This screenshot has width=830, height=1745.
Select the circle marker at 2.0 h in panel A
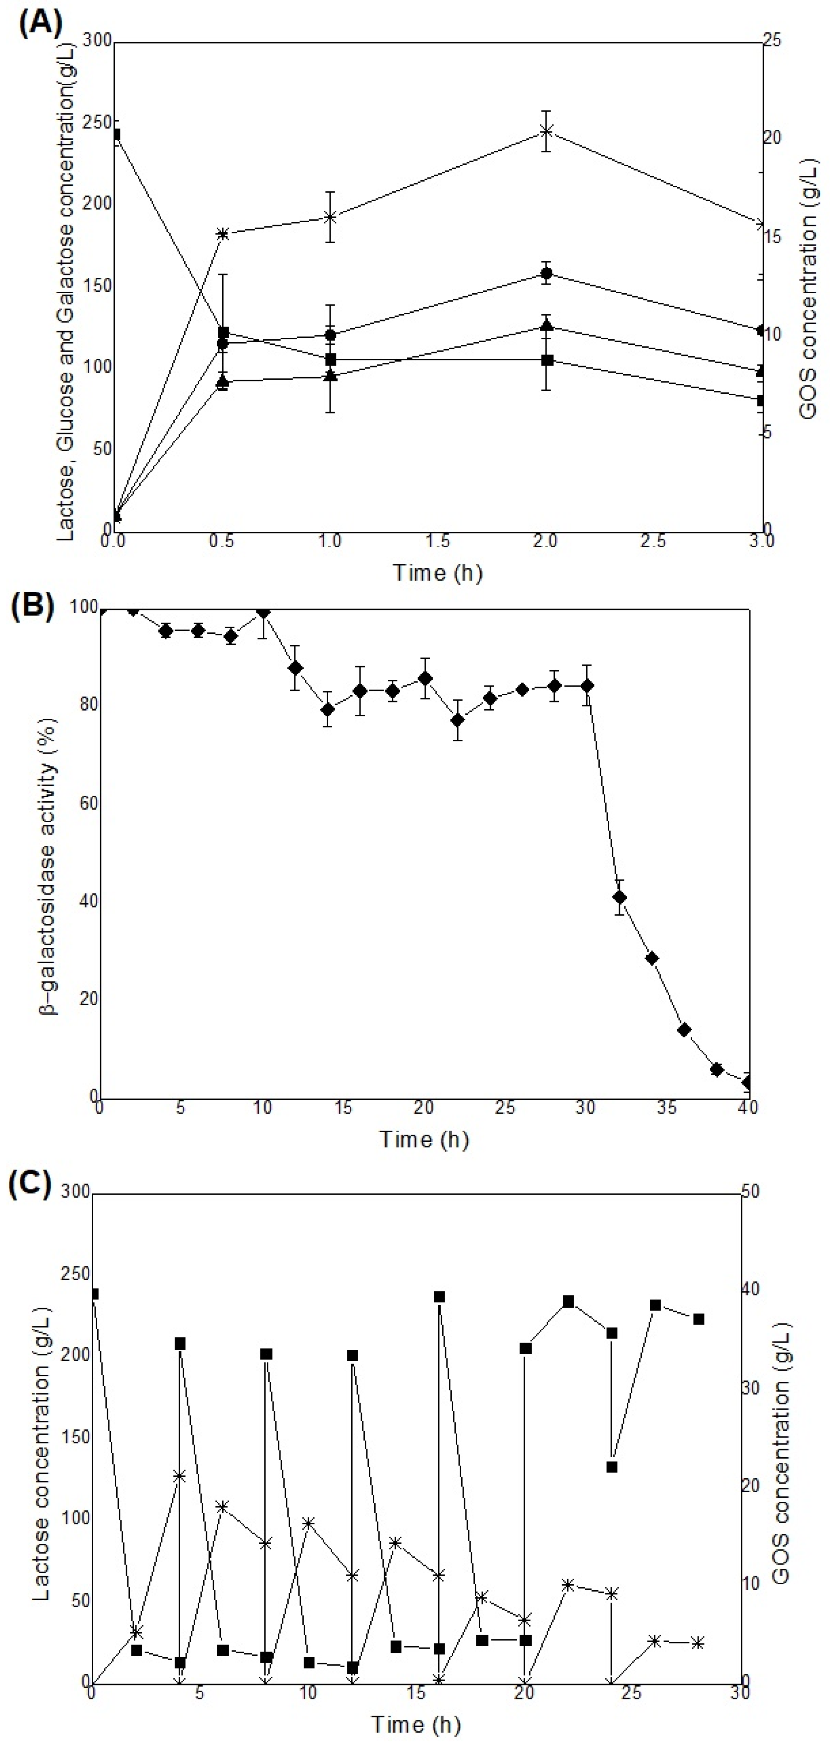click(x=546, y=273)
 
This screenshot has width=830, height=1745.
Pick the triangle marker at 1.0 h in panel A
click(x=330, y=375)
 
